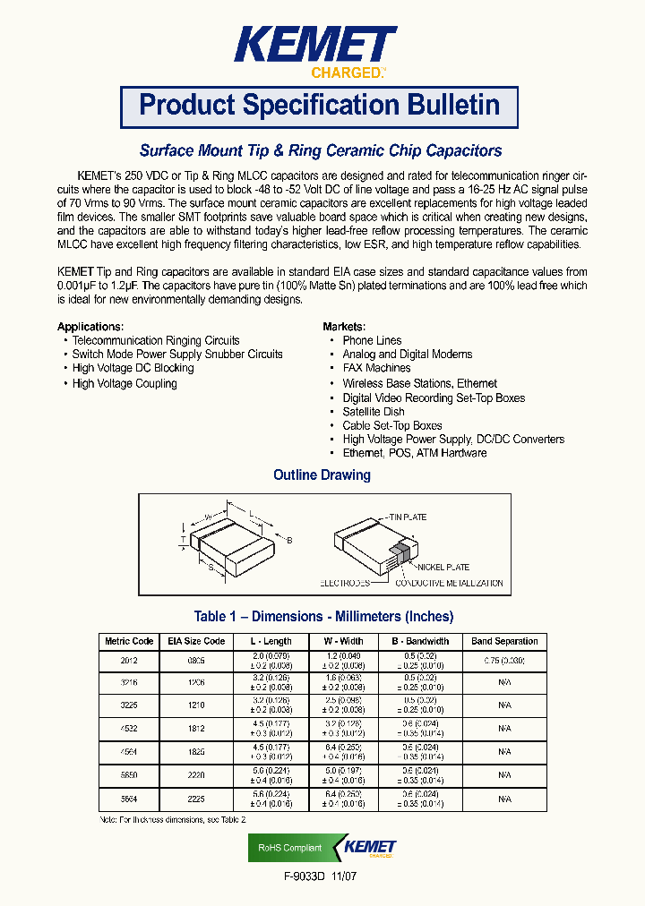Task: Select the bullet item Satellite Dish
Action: [373, 412]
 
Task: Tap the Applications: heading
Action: [90, 327]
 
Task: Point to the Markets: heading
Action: [344, 327]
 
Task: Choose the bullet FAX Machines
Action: [376, 368]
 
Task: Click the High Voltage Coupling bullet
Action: [125, 383]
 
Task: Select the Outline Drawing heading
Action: [322, 475]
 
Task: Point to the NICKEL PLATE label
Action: [443, 568]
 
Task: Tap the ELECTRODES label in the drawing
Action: [345, 583]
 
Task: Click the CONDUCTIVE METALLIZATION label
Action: [449, 583]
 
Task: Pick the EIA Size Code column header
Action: [196, 641]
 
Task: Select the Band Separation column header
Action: [504, 641]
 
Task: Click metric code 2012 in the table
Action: [130, 660]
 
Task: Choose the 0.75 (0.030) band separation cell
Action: [504, 660]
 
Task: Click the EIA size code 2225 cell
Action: [196, 799]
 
